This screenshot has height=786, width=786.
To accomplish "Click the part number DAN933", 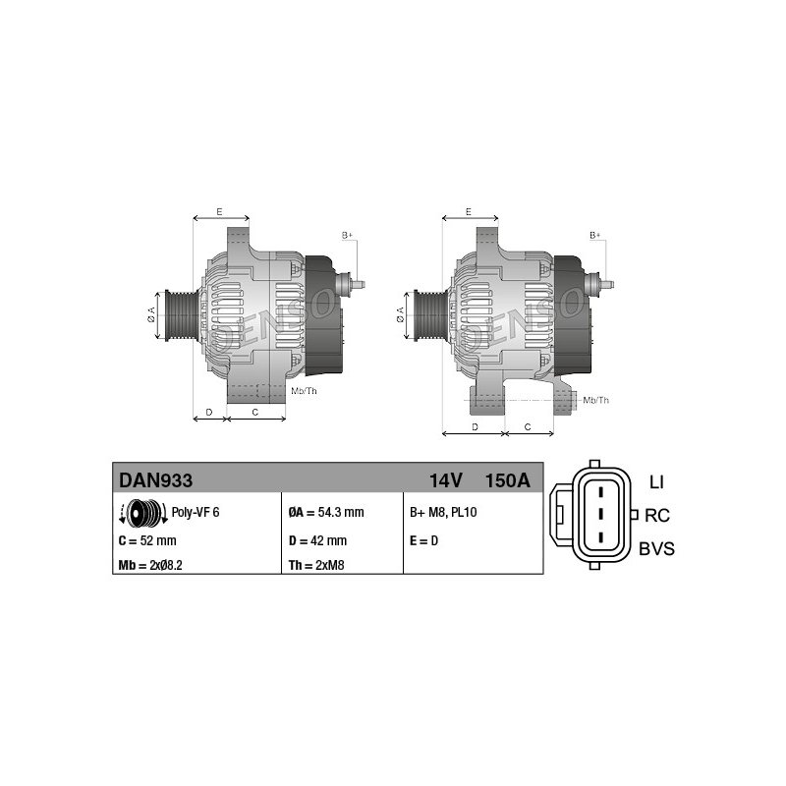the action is [155, 480].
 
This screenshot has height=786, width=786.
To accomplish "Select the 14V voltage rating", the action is [445, 480].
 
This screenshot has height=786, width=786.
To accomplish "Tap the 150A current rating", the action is [507, 480].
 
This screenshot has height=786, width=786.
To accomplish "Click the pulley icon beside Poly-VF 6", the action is [143, 513].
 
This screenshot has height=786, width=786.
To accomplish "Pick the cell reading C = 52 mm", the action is [147, 541].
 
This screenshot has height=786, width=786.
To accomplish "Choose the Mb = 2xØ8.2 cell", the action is [150, 566].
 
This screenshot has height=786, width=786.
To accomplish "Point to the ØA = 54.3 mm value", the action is [326, 512].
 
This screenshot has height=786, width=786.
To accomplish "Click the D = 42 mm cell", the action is [317, 541].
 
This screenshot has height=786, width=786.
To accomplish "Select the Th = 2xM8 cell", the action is [316, 566].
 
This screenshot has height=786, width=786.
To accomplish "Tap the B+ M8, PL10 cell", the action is [443, 512].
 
